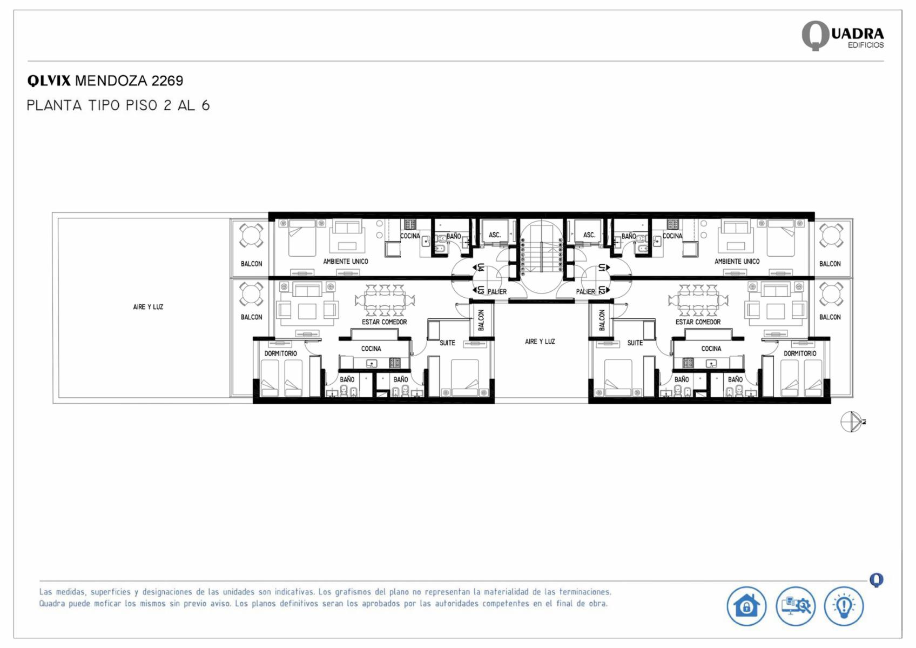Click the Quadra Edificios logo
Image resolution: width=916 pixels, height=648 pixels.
[843, 36]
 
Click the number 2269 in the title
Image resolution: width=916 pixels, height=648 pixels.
[167, 81]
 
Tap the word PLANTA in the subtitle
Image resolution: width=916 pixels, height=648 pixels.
[55, 105]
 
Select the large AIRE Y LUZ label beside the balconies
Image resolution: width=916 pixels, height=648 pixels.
[148, 307]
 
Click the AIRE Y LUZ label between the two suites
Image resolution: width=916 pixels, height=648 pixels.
[540, 342]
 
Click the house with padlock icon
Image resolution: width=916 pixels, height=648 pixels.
[746, 606]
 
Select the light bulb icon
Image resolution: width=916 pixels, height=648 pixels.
[844, 606]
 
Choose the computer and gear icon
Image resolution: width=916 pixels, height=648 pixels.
[796, 606]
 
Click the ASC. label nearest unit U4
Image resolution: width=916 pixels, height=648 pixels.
[495, 235]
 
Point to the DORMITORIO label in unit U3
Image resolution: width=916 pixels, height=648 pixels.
[280, 353]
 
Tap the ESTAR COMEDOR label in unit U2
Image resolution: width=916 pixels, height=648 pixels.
[698, 322]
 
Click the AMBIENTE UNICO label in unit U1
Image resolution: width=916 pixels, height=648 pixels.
[737, 262]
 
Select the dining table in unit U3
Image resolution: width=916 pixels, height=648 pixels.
[385, 300]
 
